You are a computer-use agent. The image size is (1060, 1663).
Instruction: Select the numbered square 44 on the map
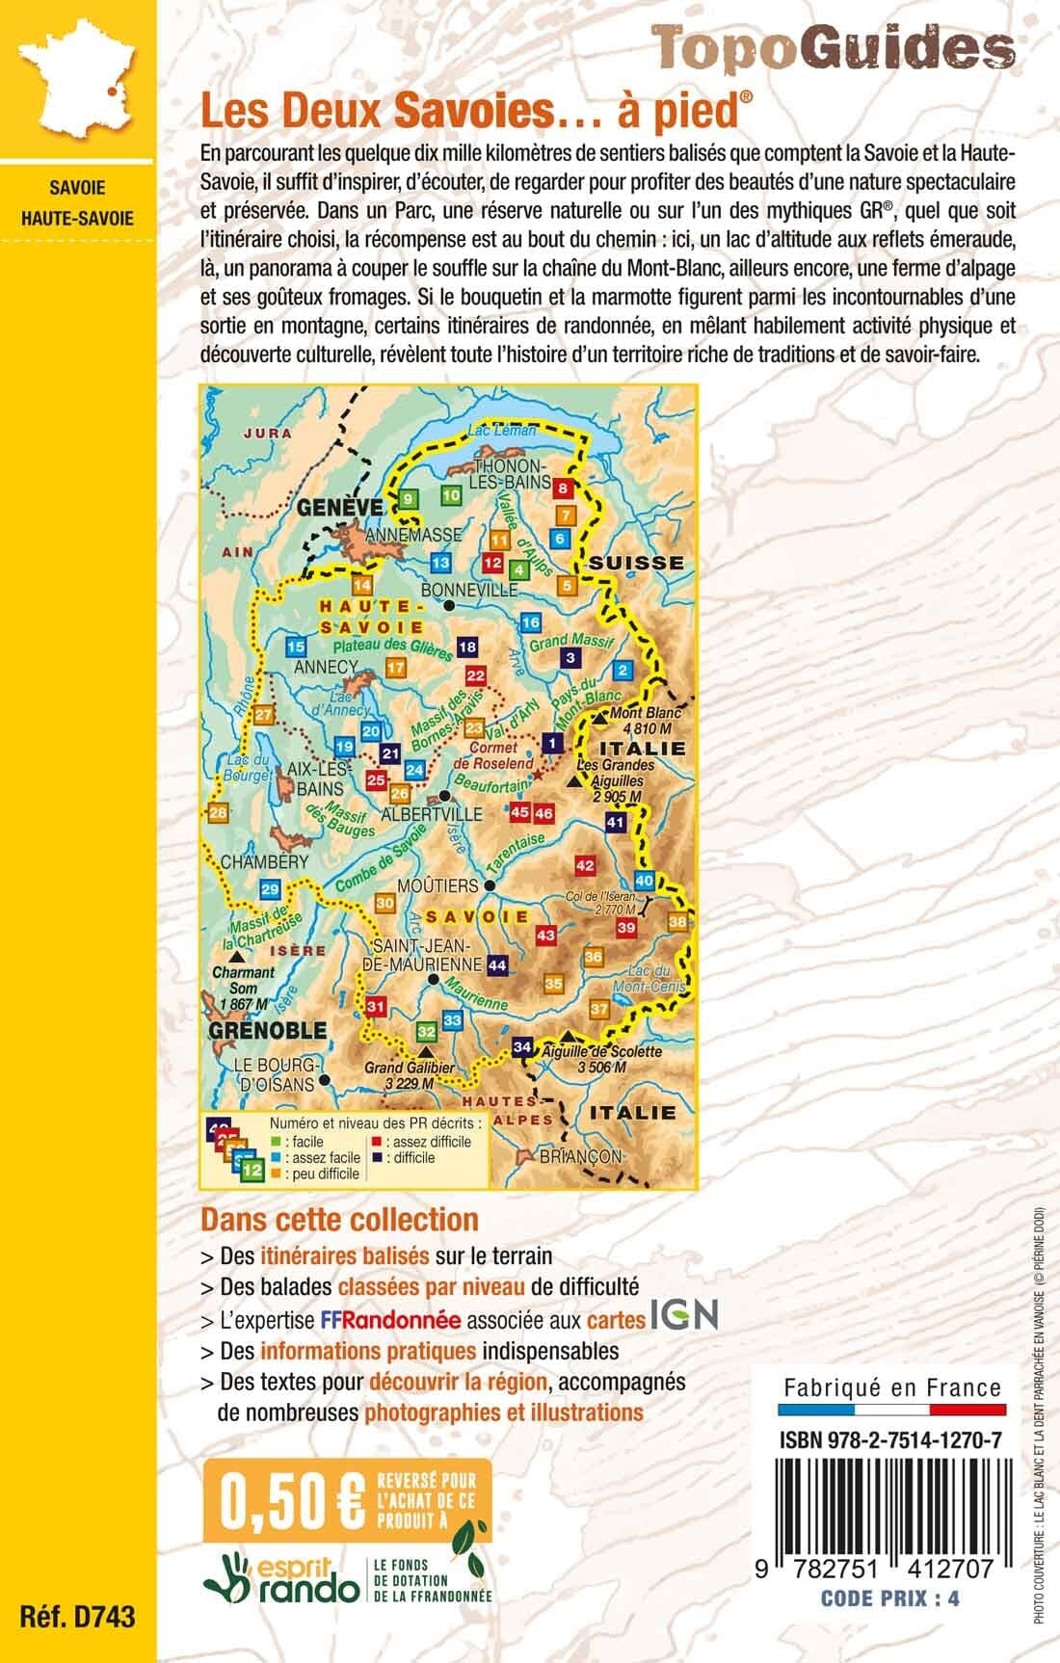pos(498,964)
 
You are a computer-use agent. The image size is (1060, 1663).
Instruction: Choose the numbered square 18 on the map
pos(468,647)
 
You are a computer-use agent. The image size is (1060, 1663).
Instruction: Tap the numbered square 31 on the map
pos(377,1008)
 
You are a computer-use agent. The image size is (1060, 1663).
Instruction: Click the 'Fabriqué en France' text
pos(891,1388)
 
